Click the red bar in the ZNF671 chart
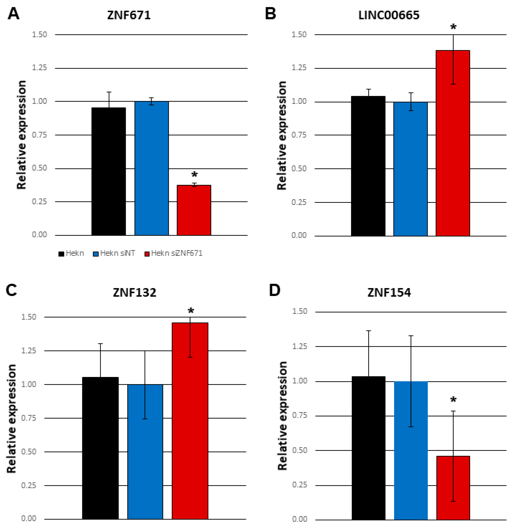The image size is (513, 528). click(x=194, y=210)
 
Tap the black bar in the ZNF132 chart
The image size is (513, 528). click(x=100, y=448)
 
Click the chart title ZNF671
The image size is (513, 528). click(x=129, y=15)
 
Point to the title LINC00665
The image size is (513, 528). click(x=389, y=15)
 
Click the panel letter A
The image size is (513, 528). click(x=13, y=14)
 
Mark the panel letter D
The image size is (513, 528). click(x=275, y=291)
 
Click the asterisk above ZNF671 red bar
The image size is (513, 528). click(x=194, y=175)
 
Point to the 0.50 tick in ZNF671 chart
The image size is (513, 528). click(x=39, y=168)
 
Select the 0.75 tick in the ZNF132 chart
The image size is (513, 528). click(x=29, y=418)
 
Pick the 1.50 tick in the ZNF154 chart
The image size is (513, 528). click(x=300, y=311)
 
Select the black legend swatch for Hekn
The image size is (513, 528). click(x=61, y=254)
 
